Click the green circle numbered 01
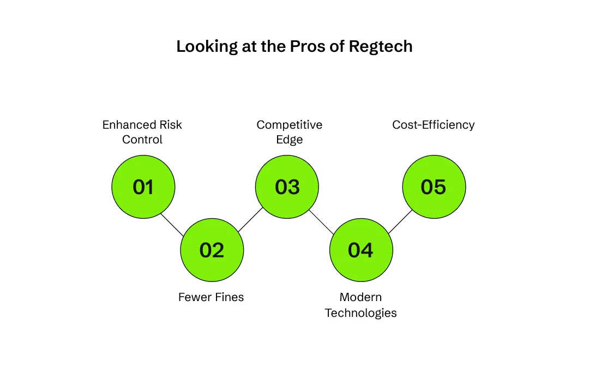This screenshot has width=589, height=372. [143, 187]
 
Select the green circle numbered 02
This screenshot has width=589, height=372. [212, 250]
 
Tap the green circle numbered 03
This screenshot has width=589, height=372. [287, 187]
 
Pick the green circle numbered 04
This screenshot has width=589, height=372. [361, 250]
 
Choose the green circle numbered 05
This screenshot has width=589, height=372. [434, 187]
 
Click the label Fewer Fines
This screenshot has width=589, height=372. [211, 297]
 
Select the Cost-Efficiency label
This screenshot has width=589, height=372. [434, 125]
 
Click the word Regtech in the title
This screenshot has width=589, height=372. [381, 47]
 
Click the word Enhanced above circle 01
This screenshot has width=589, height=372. [127, 125]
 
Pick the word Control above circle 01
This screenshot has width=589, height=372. [142, 140]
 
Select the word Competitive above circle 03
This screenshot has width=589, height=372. [290, 125]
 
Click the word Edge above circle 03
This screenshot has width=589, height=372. [290, 140]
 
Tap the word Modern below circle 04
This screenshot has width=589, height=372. [361, 297]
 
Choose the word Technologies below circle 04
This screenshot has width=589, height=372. [361, 313]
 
